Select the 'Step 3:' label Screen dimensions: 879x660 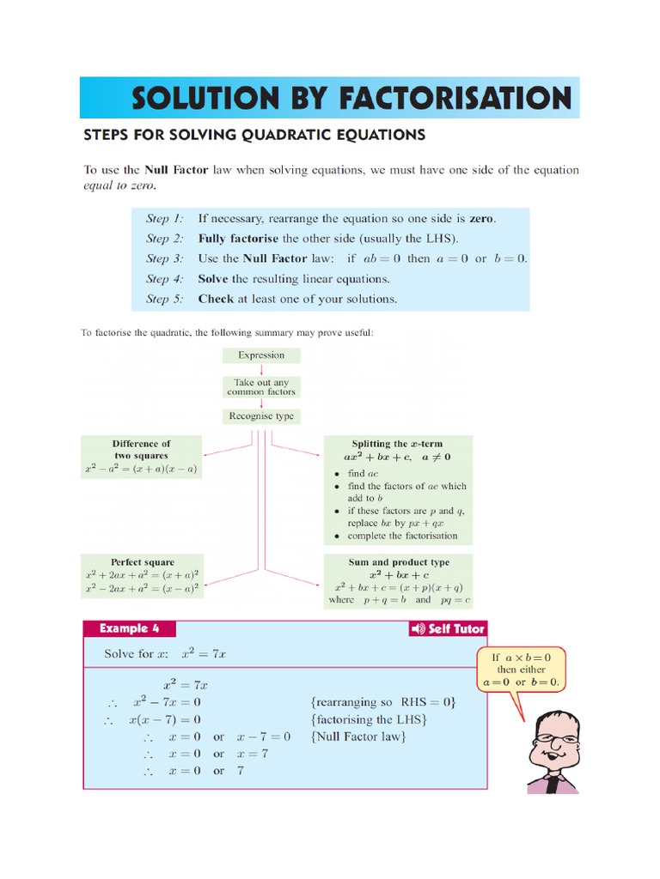click(x=164, y=258)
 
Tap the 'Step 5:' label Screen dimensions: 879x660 click(x=164, y=300)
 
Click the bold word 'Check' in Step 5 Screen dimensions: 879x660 click(x=216, y=300)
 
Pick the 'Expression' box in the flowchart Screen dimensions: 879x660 click(x=261, y=355)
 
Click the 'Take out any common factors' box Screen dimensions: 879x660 click(x=261, y=387)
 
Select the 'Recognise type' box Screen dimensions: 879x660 click(x=261, y=416)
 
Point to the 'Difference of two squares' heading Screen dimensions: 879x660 click(x=142, y=450)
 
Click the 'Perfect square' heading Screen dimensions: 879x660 click(x=142, y=562)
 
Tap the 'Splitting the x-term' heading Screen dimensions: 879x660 click(x=396, y=444)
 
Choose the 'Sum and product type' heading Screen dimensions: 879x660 click(x=398, y=562)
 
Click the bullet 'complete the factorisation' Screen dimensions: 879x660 click(x=402, y=536)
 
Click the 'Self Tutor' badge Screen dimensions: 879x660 click(x=448, y=629)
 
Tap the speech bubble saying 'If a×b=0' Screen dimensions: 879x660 click(x=520, y=670)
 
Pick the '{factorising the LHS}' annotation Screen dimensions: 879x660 click(x=369, y=719)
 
